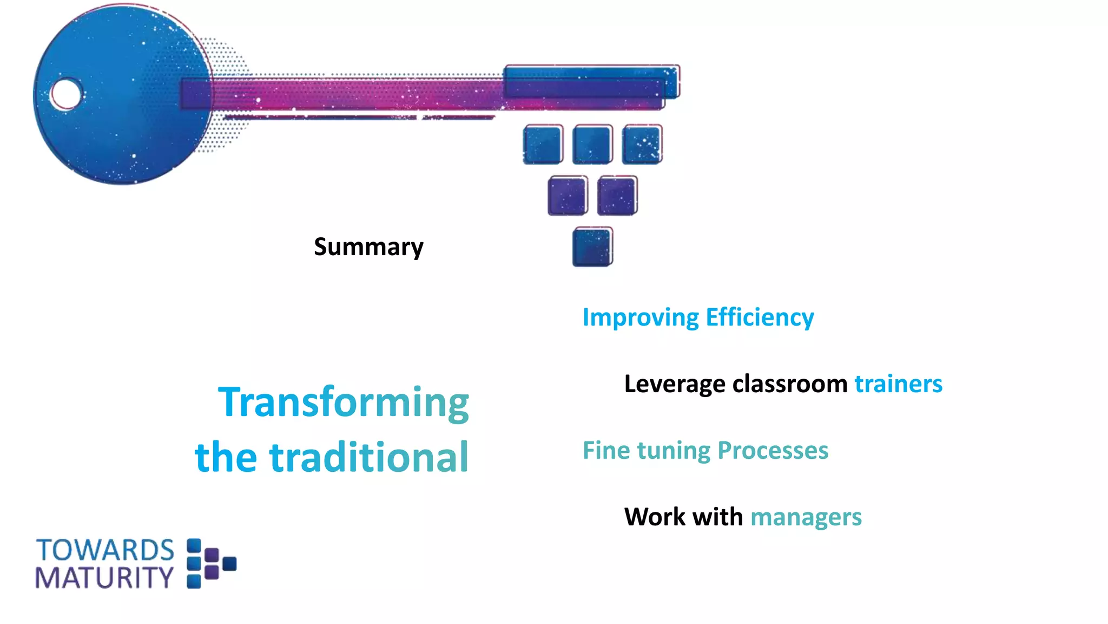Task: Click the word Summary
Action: pyautogui.click(x=368, y=248)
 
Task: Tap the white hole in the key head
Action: pyautogui.click(x=66, y=94)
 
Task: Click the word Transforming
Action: pyautogui.click(x=344, y=402)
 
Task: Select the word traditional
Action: pyautogui.click(x=369, y=457)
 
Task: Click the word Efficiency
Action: pyautogui.click(x=760, y=317)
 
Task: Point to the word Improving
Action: pyautogui.click(x=641, y=317)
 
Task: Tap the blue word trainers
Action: pyautogui.click(x=898, y=384)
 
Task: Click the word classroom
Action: pyautogui.click(x=789, y=384)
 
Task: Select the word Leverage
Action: pyautogui.click(x=674, y=384)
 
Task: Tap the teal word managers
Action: pyautogui.click(x=806, y=517)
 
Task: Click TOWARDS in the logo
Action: pyautogui.click(x=105, y=550)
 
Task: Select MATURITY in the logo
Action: pyautogui.click(x=104, y=578)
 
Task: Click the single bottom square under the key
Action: pyautogui.click(x=592, y=247)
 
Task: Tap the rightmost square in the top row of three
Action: pyautogui.click(x=642, y=145)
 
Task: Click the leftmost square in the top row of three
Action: pyautogui.click(x=543, y=145)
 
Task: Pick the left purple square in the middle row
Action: pyautogui.click(x=568, y=196)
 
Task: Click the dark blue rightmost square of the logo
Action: pyautogui.click(x=229, y=564)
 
